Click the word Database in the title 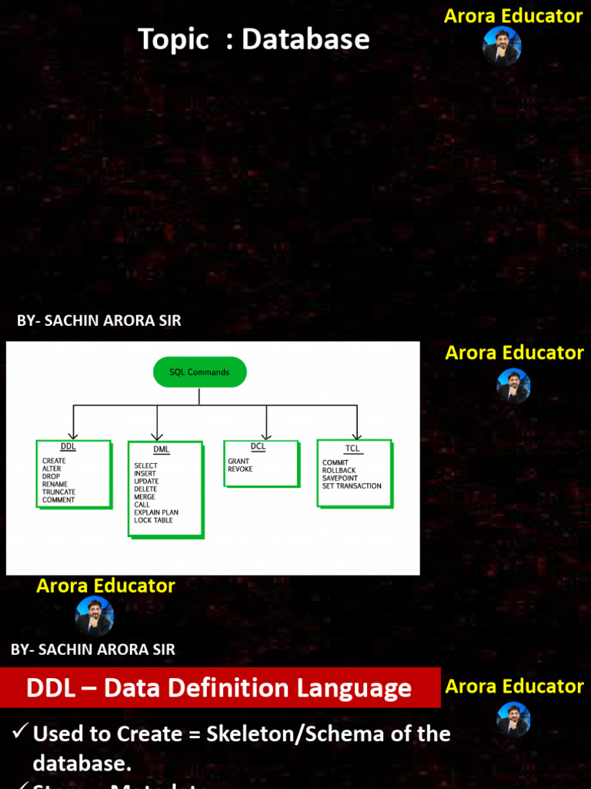click(x=306, y=39)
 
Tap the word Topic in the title click(x=173, y=39)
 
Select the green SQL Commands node click(x=199, y=372)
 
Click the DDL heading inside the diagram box click(x=68, y=447)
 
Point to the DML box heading click(x=161, y=449)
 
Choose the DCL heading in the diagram click(x=258, y=446)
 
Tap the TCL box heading click(x=352, y=448)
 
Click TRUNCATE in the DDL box click(x=59, y=492)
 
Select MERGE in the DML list click(x=145, y=497)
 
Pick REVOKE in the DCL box click(x=240, y=469)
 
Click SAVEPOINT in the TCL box click(x=340, y=478)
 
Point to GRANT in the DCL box click(x=239, y=462)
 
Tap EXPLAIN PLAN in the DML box click(x=156, y=512)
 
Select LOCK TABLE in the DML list click(x=153, y=520)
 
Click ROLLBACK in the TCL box click(x=339, y=471)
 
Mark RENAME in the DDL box click(x=55, y=485)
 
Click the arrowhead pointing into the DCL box click(x=266, y=435)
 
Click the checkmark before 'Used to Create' click(x=20, y=732)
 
